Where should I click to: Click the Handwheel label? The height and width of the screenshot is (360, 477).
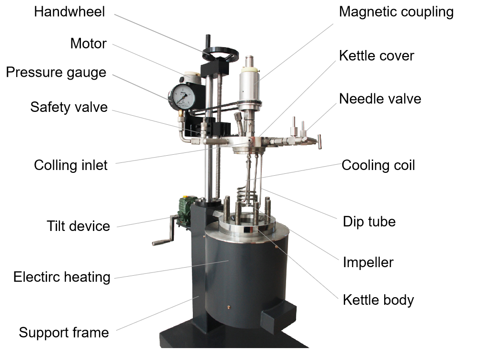(x=70, y=12)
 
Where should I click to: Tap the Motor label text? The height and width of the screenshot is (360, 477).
(x=88, y=43)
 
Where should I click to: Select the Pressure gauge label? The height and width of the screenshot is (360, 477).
(x=56, y=73)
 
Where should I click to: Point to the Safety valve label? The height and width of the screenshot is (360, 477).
(x=69, y=108)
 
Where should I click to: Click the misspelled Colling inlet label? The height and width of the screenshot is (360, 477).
(x=70, y=166)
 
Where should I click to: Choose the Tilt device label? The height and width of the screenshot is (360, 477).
(x=78, y=226)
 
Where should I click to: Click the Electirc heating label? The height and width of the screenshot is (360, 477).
(x=62, y=278)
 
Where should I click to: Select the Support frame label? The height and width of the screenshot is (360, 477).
(x=64, y=332)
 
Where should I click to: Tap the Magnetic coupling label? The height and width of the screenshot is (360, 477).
(x=396, y=12)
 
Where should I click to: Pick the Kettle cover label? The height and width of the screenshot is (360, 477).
(x=377, y=56)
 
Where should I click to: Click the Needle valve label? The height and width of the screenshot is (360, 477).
(x=380, y=99)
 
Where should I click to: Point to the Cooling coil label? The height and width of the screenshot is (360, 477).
(x=378, y=166)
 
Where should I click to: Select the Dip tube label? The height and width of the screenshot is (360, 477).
(x=369, y=222)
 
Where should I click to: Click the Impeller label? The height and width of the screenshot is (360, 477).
(x=368, y=263)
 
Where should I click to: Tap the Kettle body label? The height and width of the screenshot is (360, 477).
(x=378, y=300)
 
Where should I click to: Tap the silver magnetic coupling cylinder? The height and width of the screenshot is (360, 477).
(x=249, y=85)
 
